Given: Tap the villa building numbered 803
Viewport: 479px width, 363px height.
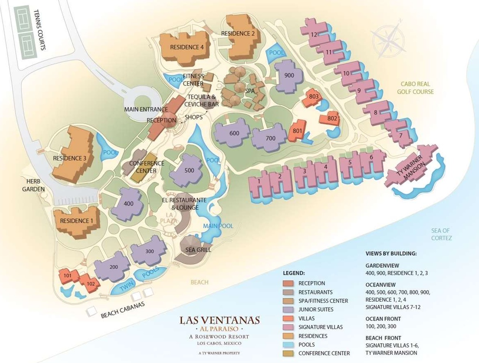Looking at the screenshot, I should (313, 97).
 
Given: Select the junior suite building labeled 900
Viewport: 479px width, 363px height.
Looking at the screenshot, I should (289, 76).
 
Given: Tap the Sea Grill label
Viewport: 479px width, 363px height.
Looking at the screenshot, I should (198, 250).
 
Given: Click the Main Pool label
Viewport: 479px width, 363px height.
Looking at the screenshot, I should (218, 226).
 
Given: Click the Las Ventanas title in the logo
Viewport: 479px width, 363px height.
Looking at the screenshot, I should (219, 320).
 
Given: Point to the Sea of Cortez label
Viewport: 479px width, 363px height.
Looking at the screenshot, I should (441, 234).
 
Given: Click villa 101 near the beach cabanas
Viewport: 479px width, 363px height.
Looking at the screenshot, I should (68, 276).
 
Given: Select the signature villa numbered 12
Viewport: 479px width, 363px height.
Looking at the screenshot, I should (314, 35).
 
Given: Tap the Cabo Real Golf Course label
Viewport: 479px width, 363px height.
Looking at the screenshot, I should (415, 88).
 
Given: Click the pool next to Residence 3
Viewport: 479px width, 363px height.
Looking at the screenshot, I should (109, 152).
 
